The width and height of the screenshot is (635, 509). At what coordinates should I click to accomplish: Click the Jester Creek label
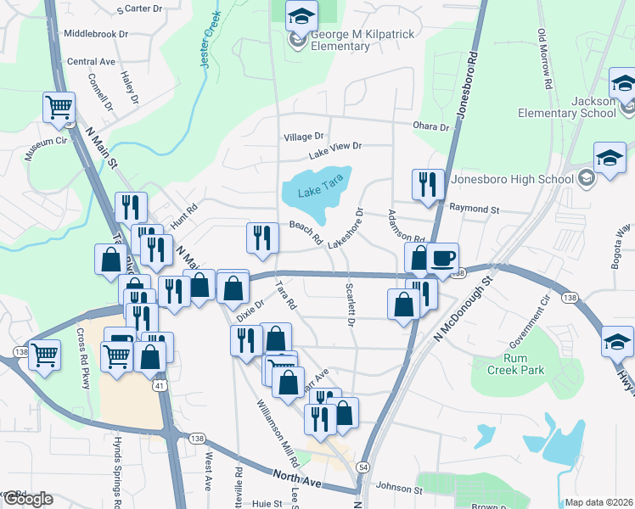tap(210, 42)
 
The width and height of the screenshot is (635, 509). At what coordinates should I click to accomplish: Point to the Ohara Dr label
tap(431, 126)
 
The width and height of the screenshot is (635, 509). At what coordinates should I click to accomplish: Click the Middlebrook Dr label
tap(95, 34)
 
